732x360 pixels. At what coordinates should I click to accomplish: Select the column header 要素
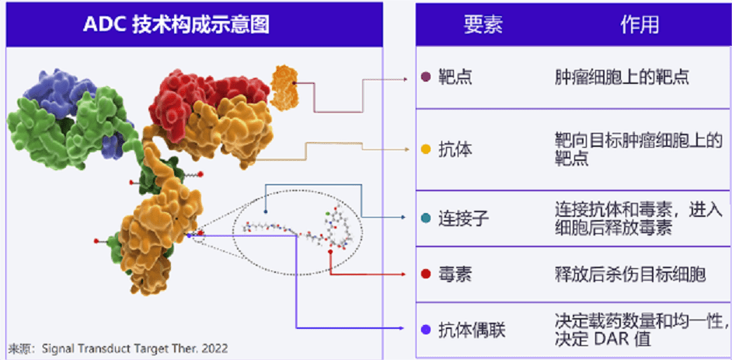(x=483, y=24)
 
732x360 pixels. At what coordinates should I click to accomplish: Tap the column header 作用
(x=639, y=24)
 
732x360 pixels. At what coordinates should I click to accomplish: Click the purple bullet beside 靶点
(x=425, y=77)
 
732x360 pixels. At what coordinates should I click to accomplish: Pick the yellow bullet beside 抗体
(x=425, y=149)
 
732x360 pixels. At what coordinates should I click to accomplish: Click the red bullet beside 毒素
(x=425, y=274)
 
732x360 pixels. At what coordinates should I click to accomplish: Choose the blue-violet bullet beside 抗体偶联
(x=425, y=330)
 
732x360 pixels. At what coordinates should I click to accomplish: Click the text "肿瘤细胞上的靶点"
(x=622, y=77)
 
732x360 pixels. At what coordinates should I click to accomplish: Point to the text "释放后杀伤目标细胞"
(x=630, y=274)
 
